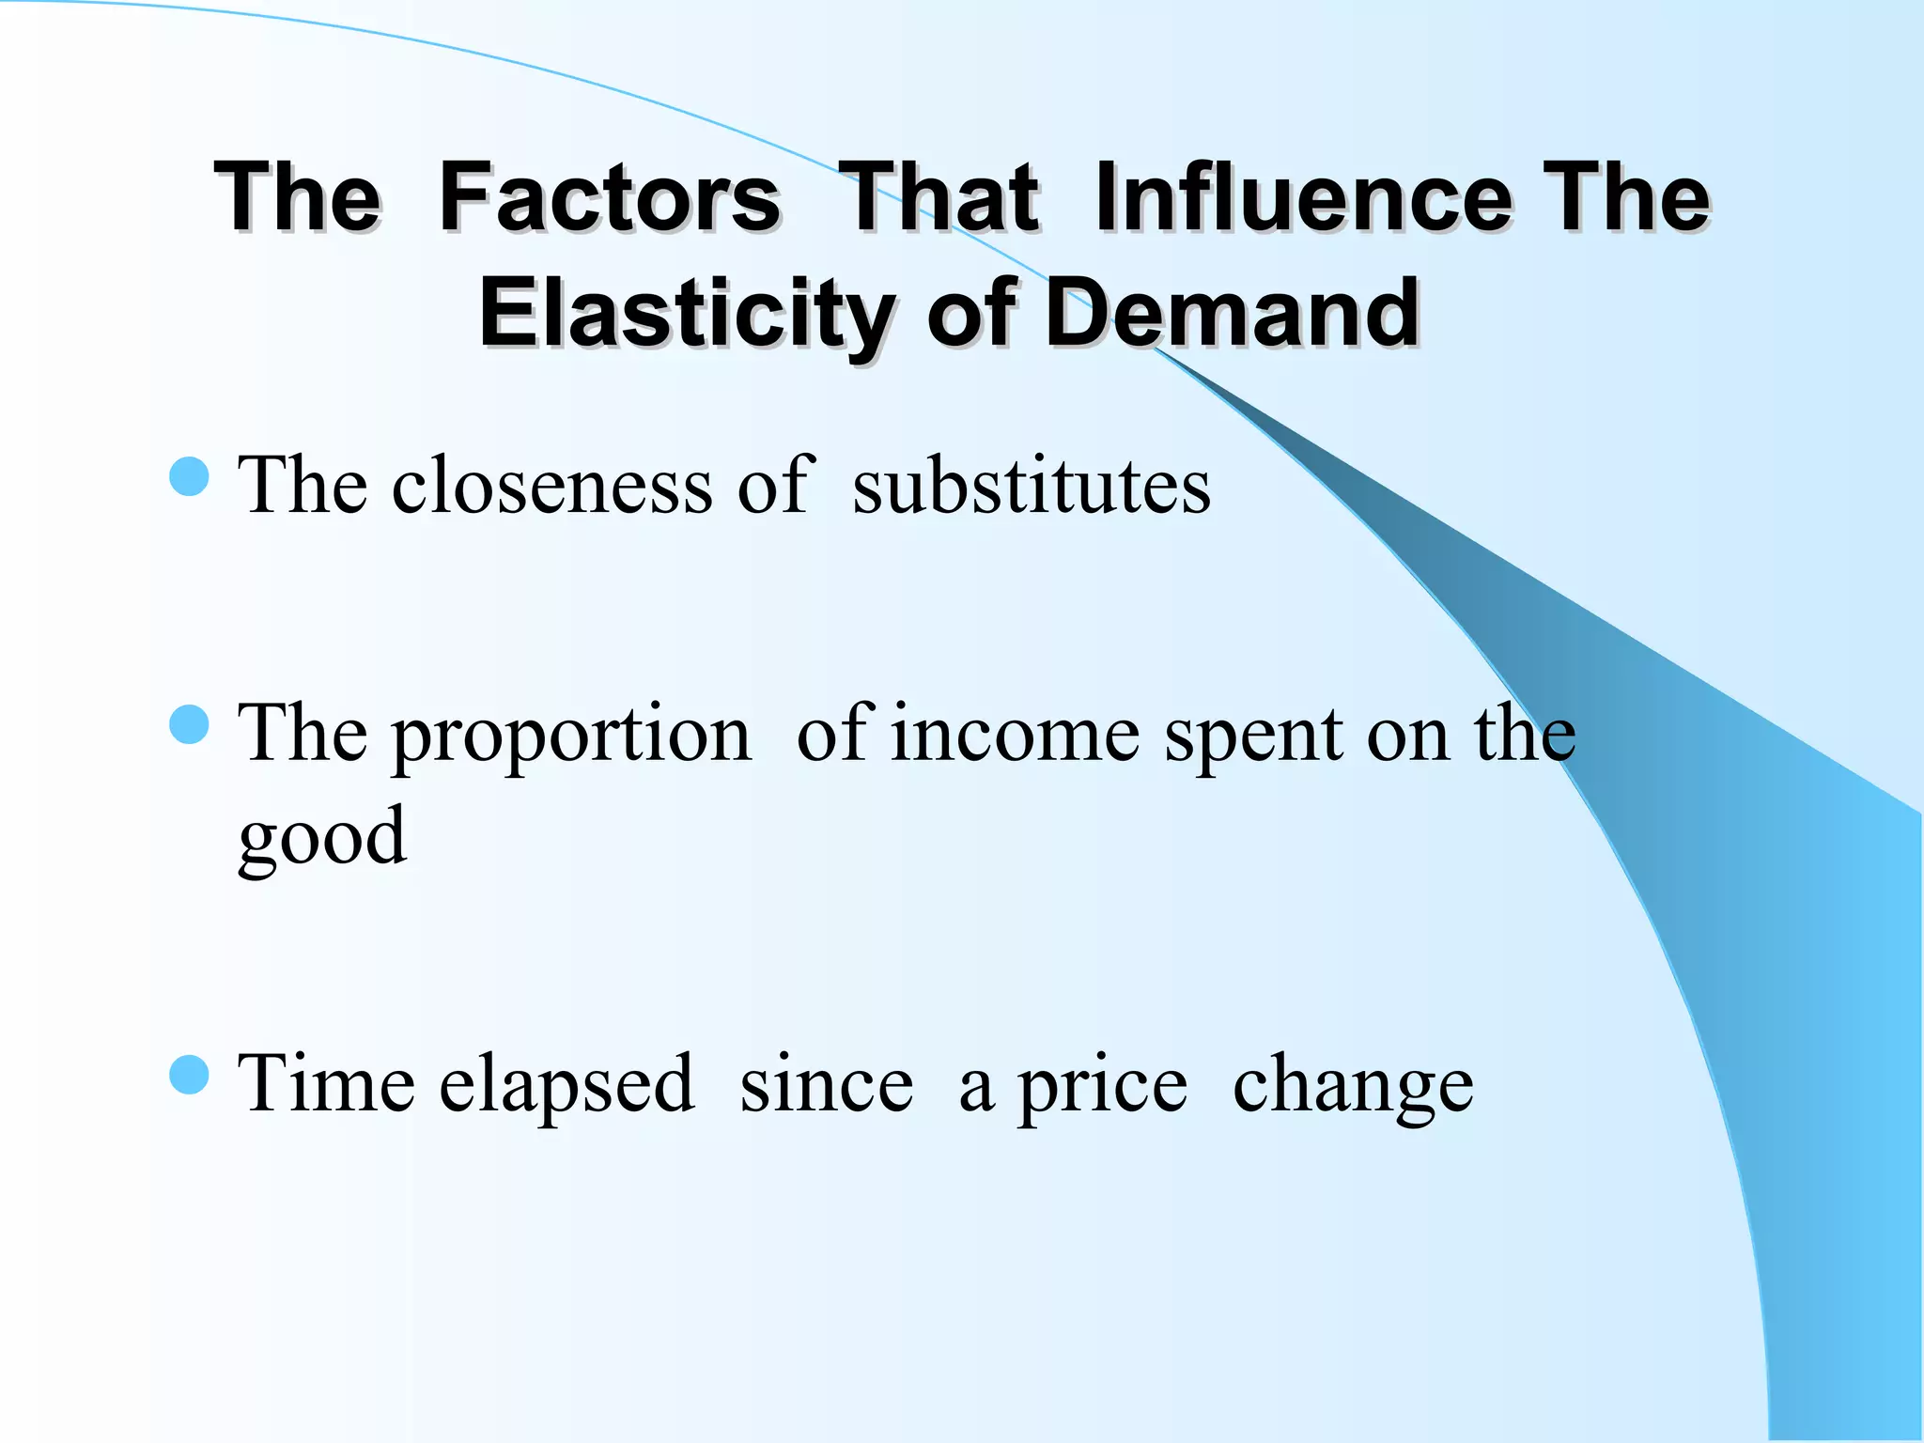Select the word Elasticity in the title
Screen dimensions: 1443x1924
[687, 313]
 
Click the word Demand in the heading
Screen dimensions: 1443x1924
[1232, 313]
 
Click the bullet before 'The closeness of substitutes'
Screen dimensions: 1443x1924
[189, 476]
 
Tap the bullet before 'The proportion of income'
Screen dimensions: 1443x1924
[189, 724]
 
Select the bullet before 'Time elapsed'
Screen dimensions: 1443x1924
[189, 1075]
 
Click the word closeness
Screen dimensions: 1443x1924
[552, 487]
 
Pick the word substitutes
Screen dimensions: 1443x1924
[1032, 487]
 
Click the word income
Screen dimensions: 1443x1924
[1016, 735]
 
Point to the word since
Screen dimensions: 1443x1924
[827, 1085]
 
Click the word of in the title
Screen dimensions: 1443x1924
[972, 313]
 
